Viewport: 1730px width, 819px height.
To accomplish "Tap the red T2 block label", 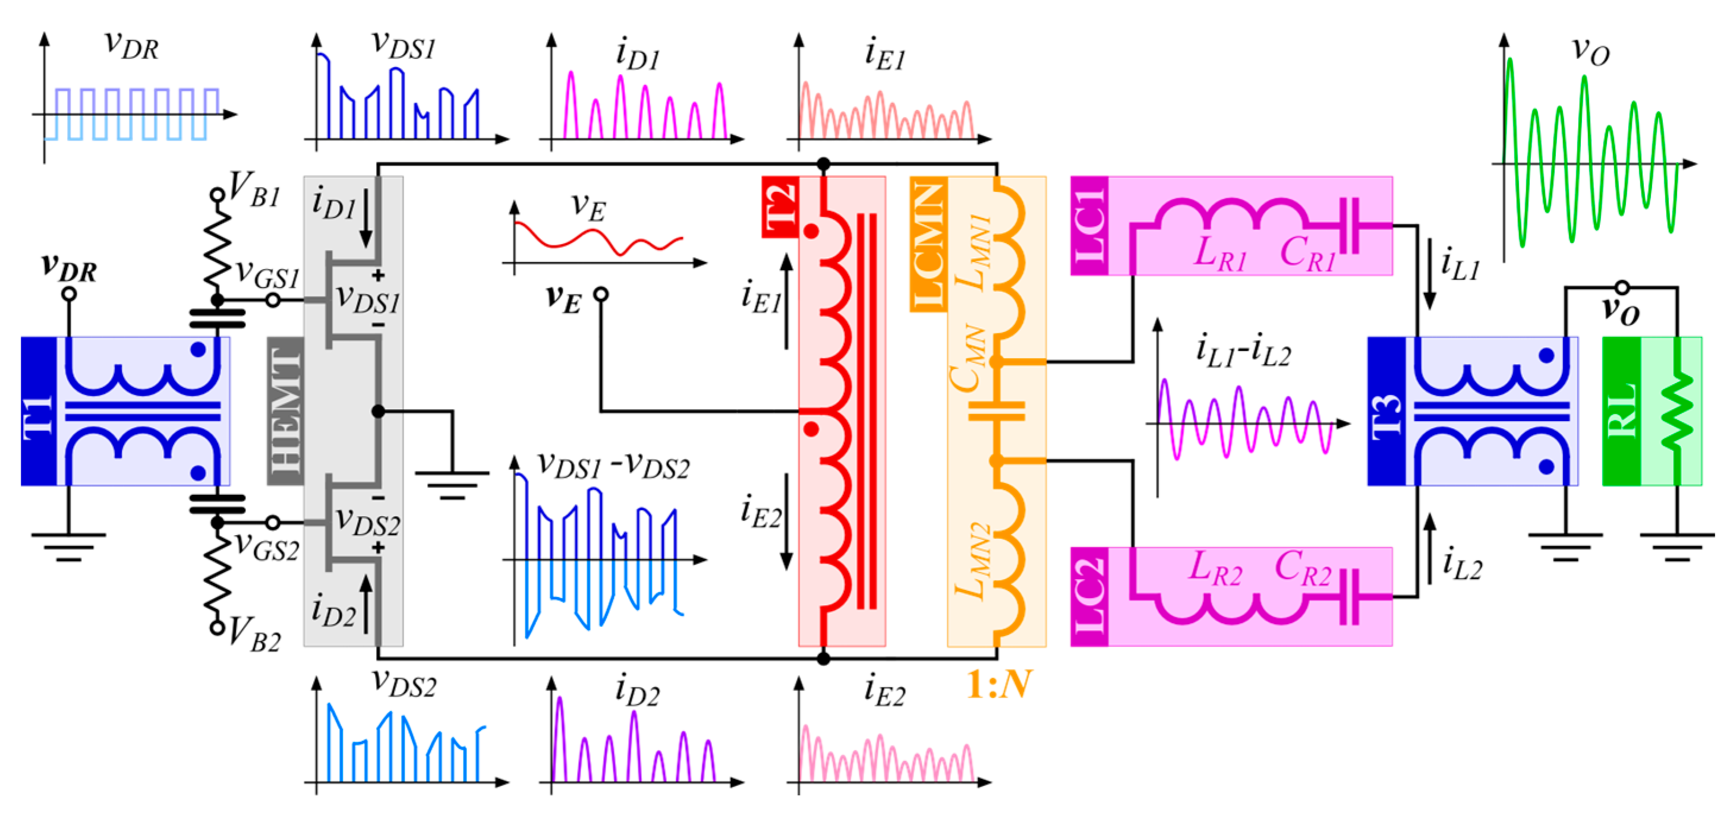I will (x=780, y=207).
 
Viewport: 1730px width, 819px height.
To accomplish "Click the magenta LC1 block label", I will (x=1089, y=226).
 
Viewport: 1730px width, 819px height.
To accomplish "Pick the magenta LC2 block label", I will (x=1089, y=597).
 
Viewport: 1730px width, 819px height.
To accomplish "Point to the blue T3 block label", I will (x=1386, y=411).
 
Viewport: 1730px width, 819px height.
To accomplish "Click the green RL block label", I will (x=1621, y=411).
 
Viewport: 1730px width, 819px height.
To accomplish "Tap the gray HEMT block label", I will (x=285, y=411).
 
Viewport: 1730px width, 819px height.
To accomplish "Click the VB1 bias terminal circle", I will (x=217, y=195).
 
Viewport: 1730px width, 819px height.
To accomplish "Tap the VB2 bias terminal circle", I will (x=217, y=628).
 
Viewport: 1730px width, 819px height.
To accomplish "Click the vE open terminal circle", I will (x=601, y=294).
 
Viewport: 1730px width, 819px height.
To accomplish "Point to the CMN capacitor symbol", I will (x=996, y=411).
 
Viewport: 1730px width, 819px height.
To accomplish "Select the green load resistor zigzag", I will (x=1677, y=411).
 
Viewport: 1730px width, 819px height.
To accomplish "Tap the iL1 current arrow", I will (x=1430, y=273).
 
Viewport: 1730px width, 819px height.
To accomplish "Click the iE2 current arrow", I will (x=786, y=521).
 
